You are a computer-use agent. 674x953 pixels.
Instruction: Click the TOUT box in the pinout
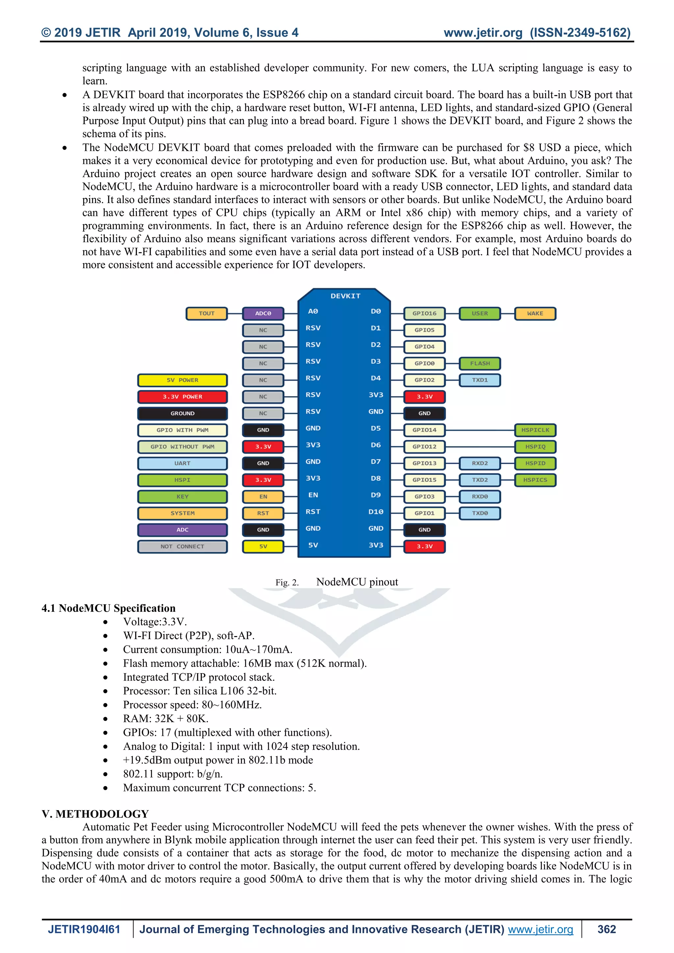[x=207, y=313]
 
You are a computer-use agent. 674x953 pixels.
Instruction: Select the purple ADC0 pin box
[x=263, y=313]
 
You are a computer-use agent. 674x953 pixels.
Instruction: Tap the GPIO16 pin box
[x=424, y=313]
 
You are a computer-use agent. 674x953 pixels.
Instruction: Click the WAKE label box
[x=535, y=313]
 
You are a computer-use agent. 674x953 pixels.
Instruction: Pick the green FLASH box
[x=480, y=363]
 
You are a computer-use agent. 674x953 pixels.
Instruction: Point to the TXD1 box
[x=480, y=380]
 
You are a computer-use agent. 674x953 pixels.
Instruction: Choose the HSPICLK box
[x=535, y=430]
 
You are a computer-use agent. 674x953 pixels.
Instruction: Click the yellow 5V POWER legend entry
[x=182, y=380]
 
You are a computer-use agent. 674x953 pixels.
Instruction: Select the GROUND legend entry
[x=182, y=413]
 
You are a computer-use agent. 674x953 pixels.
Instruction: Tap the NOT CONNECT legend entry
[x=182, y=546]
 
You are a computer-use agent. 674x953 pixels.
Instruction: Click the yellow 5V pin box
[x=263, y=546]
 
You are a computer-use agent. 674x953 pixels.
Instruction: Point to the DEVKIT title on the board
[x=345, y=296]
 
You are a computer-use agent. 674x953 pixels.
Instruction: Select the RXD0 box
[x=480, y=497]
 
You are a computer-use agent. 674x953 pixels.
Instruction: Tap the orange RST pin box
[x=263, y=513]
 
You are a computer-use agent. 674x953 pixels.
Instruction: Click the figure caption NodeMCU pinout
[x=357, y=582]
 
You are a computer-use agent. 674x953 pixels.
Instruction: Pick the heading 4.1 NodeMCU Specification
[x=108, y=608]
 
